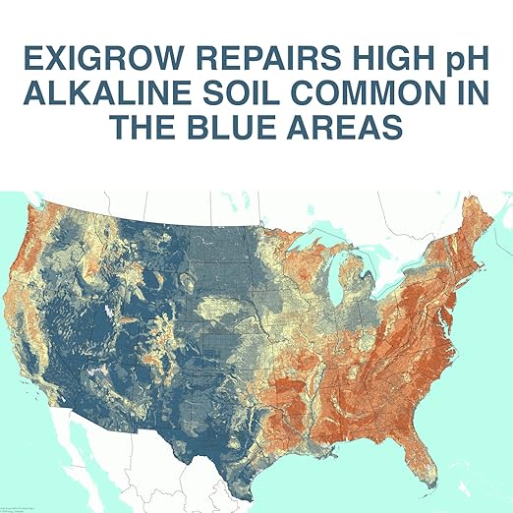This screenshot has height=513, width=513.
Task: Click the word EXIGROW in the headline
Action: pyautogui.click(x=90, y=60)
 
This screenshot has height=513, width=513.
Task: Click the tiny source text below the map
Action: pyautogui.click(x=15, y=507)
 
